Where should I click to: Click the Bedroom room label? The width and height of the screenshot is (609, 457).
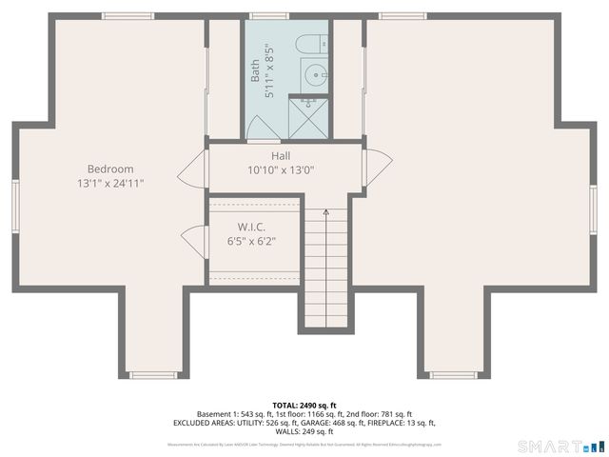[110, 169]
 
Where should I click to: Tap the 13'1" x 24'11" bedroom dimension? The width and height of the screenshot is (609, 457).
[110, 183]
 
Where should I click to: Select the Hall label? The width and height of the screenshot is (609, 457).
[281, 156]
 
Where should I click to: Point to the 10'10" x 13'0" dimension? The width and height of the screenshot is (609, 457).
[281, 170]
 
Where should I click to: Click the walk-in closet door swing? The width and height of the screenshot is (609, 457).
[196, 240]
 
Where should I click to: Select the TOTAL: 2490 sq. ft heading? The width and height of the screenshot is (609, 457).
[304, 405]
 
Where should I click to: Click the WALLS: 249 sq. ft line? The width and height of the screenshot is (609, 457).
[304, 431]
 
